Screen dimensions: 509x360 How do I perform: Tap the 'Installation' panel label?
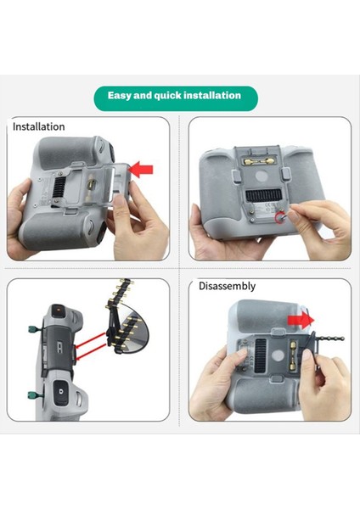click(38, 126)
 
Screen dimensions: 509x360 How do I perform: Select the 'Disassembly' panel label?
click(227, 286)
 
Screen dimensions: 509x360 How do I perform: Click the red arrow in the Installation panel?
click(143, 170)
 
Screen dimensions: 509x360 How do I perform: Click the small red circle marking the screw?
click(281, 218)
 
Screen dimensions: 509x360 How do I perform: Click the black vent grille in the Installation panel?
click(63, 182)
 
